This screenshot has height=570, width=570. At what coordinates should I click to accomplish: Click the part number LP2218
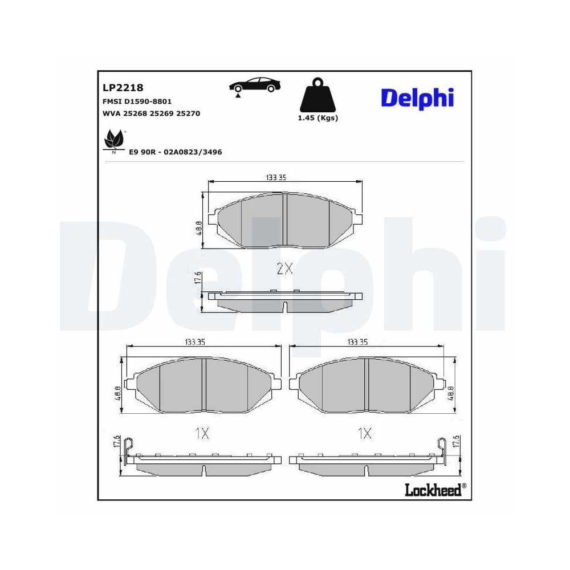pyautogui.click(x=123, y=88)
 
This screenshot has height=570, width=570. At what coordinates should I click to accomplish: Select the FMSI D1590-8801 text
pyautogui.click(x=137, y=101)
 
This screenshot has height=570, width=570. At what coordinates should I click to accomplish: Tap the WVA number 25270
pyautogui.click(x=188, y=113)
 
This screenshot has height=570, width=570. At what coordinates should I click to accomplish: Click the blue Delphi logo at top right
pyautogui.click(x=417, y=97)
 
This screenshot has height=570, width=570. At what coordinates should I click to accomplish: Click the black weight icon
pyautogui.click(x=317, y=95)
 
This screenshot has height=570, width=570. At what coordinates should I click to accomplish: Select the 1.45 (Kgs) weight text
pyautogui.click(x=318, y=118)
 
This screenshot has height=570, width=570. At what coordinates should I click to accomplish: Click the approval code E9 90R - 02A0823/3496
pyautogui.click(x=176, y=152)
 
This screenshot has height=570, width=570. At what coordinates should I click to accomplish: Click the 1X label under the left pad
pyautogui.click(x=202, y=434)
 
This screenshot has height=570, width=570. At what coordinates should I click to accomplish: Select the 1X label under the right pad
pyautogui.click(x=364, y=434)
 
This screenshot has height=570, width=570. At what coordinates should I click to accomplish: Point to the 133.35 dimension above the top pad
pyautogui.click(x=275, y=178)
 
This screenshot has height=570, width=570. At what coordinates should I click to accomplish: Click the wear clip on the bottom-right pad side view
pyautogui.click(x=441, y=445)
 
